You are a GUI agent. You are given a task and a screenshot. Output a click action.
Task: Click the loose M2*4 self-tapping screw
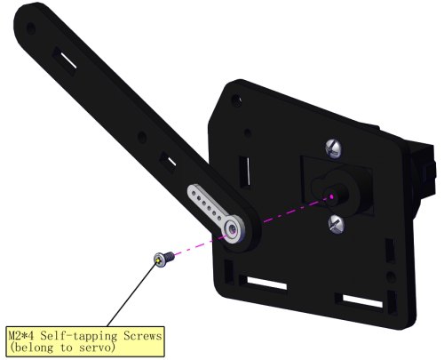[164, 259]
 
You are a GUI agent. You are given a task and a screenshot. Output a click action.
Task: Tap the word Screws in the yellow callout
[143, 336]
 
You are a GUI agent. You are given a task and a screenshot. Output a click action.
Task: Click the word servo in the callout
[97, 348]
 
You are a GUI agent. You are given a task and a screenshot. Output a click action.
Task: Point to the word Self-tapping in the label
[79, 336]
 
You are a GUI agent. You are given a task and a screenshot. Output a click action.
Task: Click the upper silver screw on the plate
[333, 148]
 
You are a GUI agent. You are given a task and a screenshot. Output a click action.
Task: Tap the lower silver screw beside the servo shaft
[337, 224]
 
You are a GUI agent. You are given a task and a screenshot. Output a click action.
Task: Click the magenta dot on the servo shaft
[331, 196]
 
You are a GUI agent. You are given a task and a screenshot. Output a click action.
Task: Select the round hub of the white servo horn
[234, 229]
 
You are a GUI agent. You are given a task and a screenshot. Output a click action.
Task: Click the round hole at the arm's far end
[31, 28]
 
